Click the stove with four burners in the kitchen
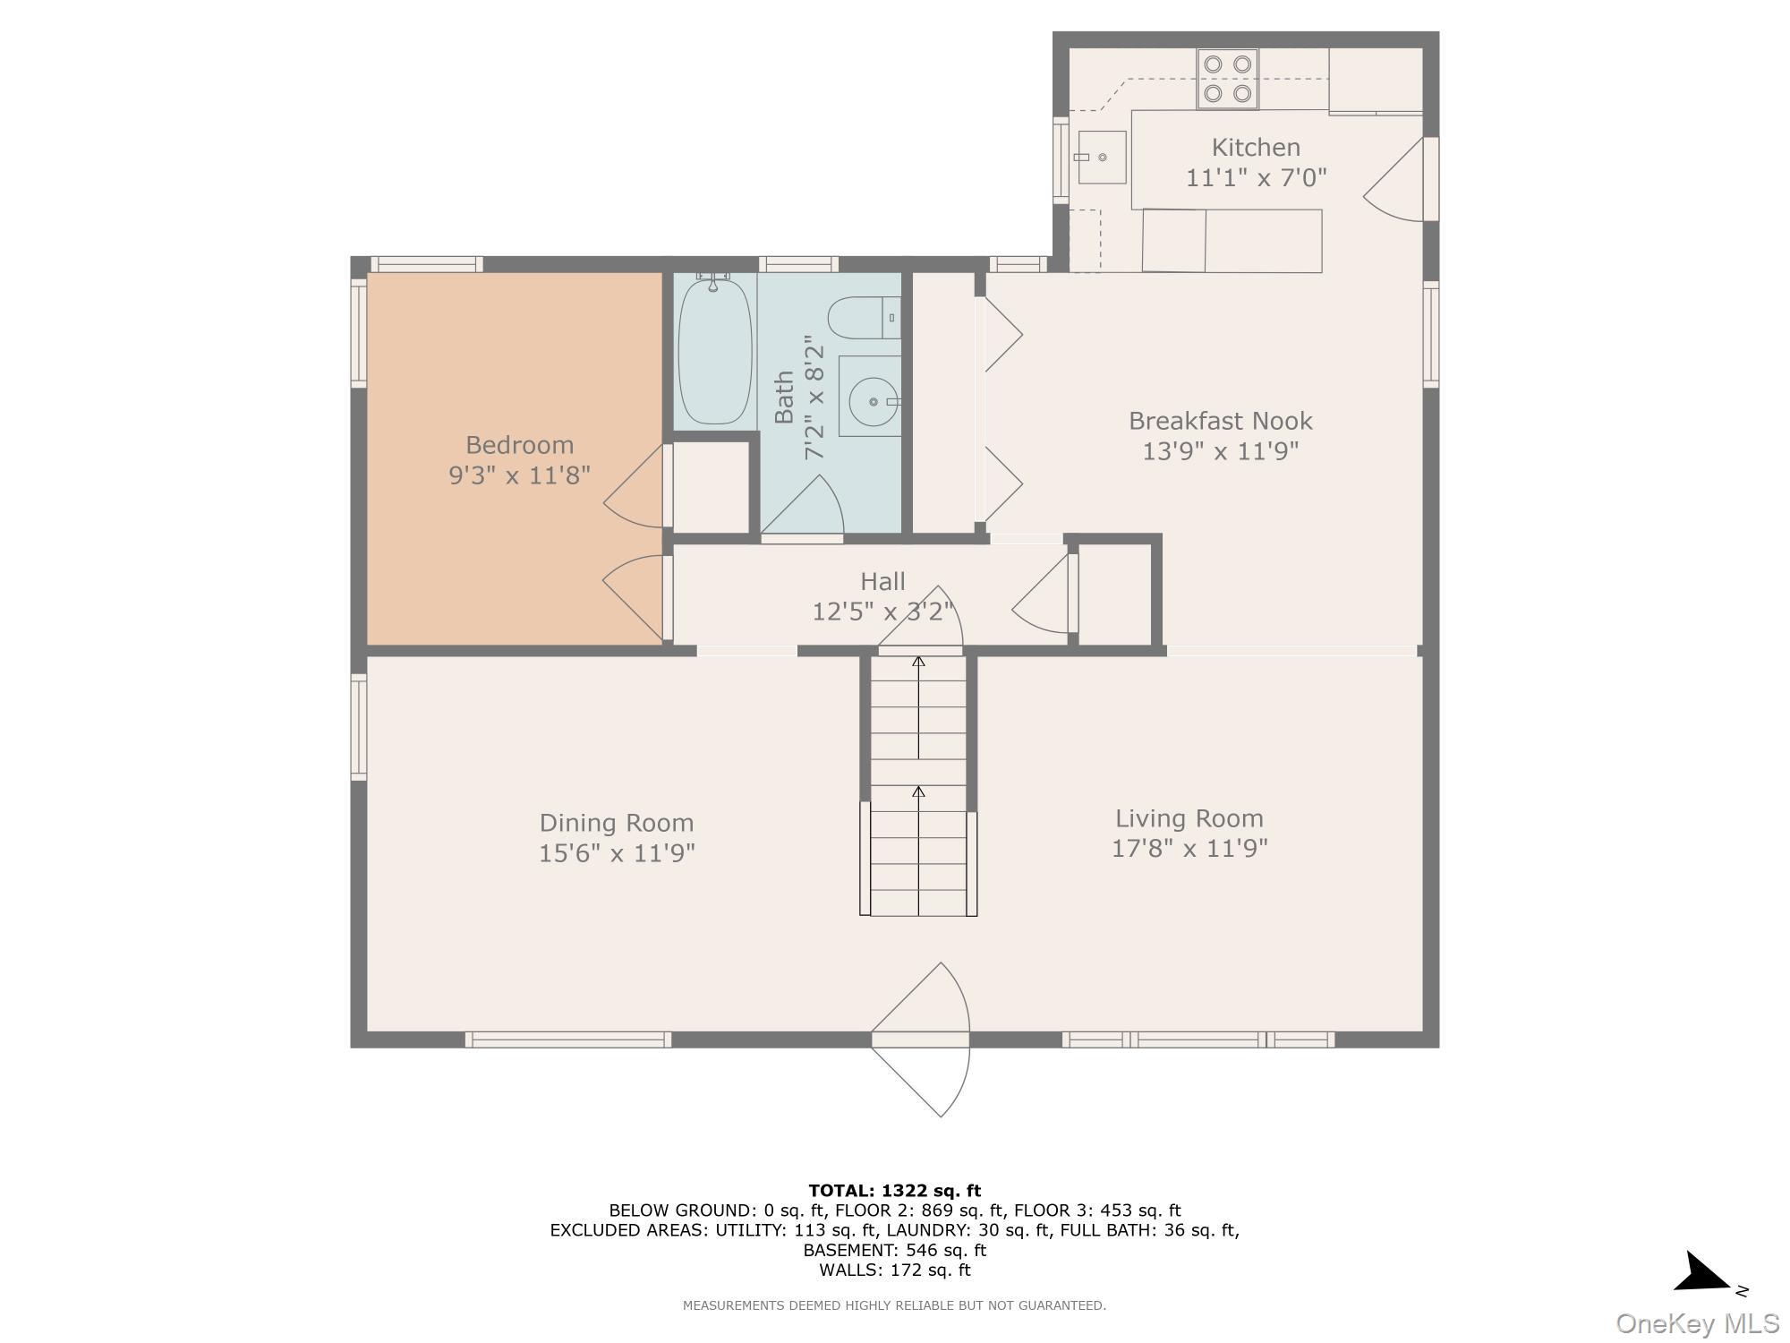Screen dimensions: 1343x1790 pyautogui.click(x=1228, y=79)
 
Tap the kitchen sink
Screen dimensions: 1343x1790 pyautogui.click(x=1102, y=158)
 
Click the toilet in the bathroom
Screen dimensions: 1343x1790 pyautogui.click(x=859, y=319)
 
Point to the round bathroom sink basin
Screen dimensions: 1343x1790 pyautogui.click(x=873, y=402)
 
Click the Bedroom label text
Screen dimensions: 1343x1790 pyautogui.click(x=519, y=445)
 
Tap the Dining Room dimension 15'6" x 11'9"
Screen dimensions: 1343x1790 pyautogui.click(x=617, y=853)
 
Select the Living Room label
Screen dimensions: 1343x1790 pyautogui.click(x=1189, y=818)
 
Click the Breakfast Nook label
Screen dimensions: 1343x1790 pyautogui.click(x=1220, y=421)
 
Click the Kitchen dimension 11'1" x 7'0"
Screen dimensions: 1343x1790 pyautogui.click(x=1256, y=178)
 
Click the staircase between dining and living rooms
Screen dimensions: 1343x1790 pyautogui.click(x=918, y=788)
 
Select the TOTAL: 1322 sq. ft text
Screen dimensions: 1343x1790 pyautogui.click(x=894, y=1191)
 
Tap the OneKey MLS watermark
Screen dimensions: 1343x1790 pyautogui.click(x=1697, y=1323)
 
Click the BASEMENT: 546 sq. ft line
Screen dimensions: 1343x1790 pyautogui.click(x=894, y=1250)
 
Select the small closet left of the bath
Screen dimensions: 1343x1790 pyautogui.click(x=711, y=487)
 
